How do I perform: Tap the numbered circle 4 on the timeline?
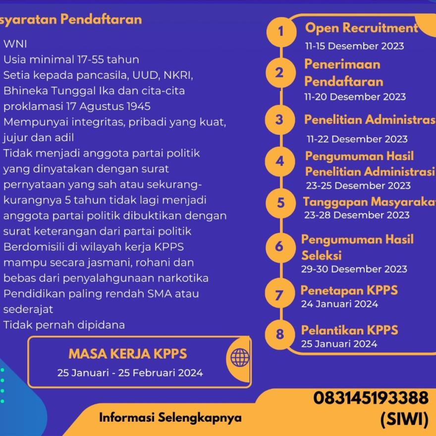(x=280, y=162)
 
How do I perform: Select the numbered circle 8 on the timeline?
(x=280, y=334)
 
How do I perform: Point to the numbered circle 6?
(x=279, y=246)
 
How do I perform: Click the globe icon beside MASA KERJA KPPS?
(x=240, y=356)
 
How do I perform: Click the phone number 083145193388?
(x=371, y=397)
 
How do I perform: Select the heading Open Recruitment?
(x=362, y=28)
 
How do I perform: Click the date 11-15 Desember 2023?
(x=354, y=46)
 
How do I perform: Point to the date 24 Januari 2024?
(x=339, y=304)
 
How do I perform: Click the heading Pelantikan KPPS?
(x=349, y=330)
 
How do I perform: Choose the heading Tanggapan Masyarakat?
(x=369, y=202)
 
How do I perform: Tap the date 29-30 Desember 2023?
(x=354, y=269)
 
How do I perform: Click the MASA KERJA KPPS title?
(x=127, y=354)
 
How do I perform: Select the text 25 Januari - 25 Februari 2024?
(x=130, y=373)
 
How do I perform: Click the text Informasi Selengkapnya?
(x=170, y=417)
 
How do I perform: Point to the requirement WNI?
(x=15, y=44)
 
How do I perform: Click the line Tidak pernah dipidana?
(x=64, y=325)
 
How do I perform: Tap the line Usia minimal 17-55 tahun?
(x=71, y=60)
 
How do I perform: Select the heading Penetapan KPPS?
(x=349, y=290)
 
